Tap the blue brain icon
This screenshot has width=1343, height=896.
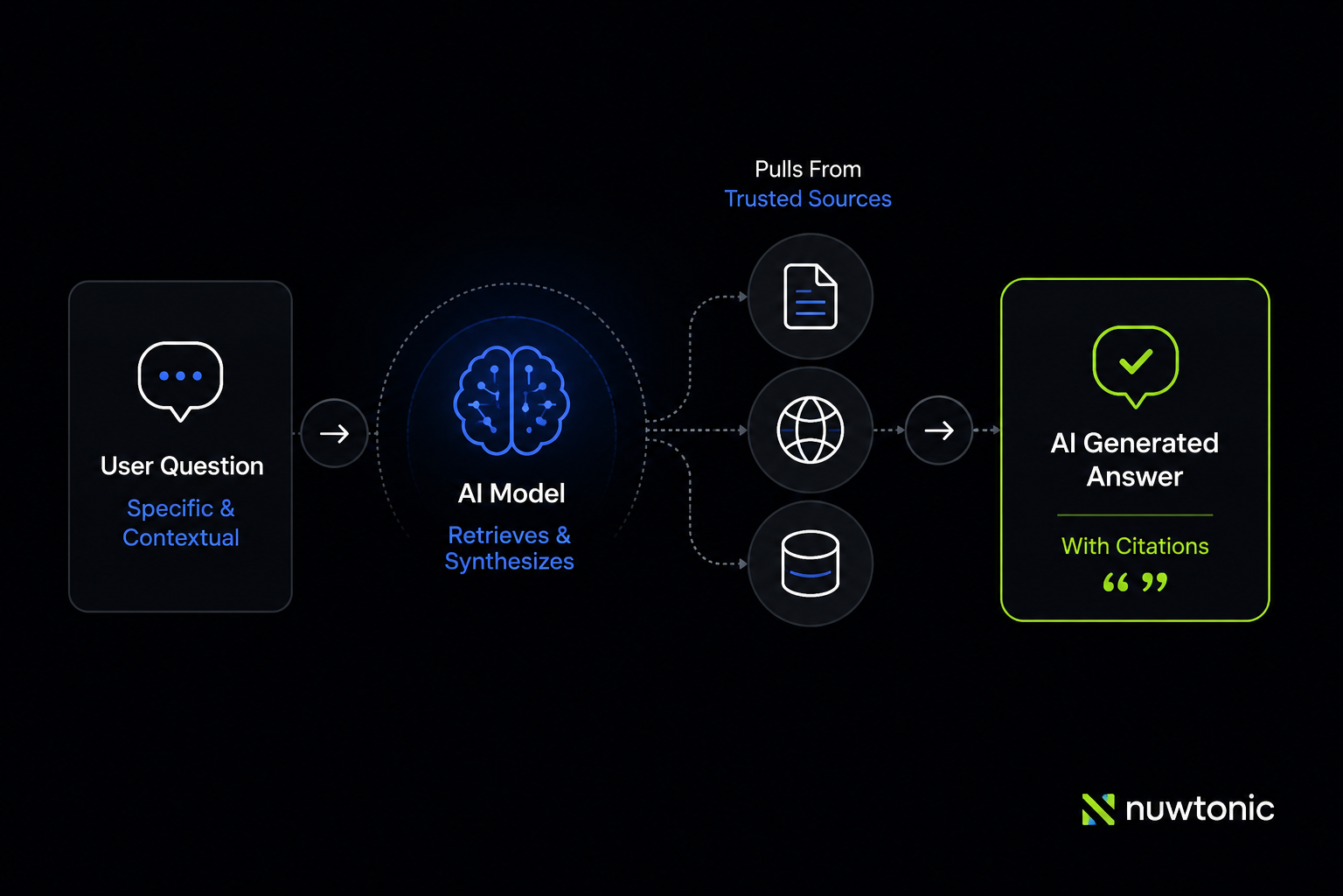511,400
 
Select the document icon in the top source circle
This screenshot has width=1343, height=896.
810,297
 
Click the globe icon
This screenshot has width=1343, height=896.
810,430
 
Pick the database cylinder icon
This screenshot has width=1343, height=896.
810,563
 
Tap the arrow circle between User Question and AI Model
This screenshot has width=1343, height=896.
334,433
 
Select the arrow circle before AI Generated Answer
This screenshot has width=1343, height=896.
938,430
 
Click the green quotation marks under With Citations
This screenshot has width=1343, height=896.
1135,582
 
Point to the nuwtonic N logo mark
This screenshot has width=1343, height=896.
1098,809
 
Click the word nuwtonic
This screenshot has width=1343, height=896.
1200,808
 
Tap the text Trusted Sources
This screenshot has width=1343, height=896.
808,199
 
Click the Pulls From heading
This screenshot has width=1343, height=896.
808,169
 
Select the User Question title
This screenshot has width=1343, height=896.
182,466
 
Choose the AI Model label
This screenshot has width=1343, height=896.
511,493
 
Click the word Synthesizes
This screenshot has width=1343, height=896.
509,562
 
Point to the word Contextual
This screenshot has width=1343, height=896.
180,538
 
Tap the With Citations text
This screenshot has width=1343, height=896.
1135,546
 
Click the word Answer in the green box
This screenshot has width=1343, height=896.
1135,477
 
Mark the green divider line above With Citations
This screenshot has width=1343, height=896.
1135,514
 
